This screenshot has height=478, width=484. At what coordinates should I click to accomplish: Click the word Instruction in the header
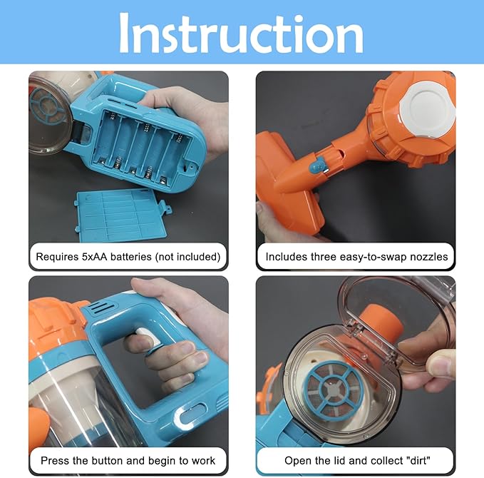241,33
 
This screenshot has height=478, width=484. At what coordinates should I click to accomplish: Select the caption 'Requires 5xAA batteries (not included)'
128,256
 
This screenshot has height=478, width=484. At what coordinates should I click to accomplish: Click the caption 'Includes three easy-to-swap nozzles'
356,256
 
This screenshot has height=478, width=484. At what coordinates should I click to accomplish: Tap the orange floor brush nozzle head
282,178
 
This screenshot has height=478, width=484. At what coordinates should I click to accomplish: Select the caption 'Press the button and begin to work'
128,460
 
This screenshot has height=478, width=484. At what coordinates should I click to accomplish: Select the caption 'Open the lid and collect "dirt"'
356,460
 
